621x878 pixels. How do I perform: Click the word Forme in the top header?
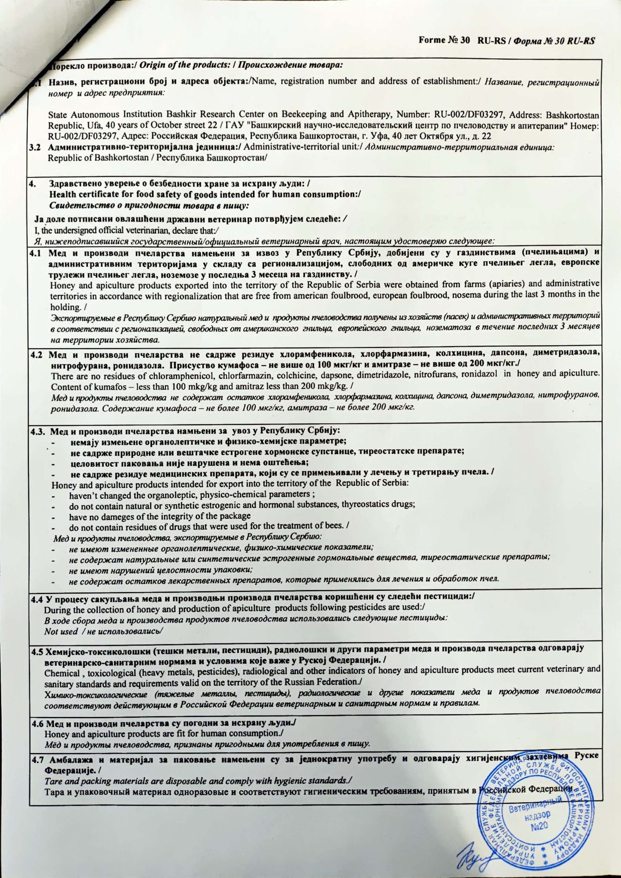click(x=432, y=41)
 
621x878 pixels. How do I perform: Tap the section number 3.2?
click(x=36, y=147)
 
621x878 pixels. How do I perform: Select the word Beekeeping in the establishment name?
click(x=307, y=114)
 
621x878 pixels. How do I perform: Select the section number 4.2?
click(x=37, y=355)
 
